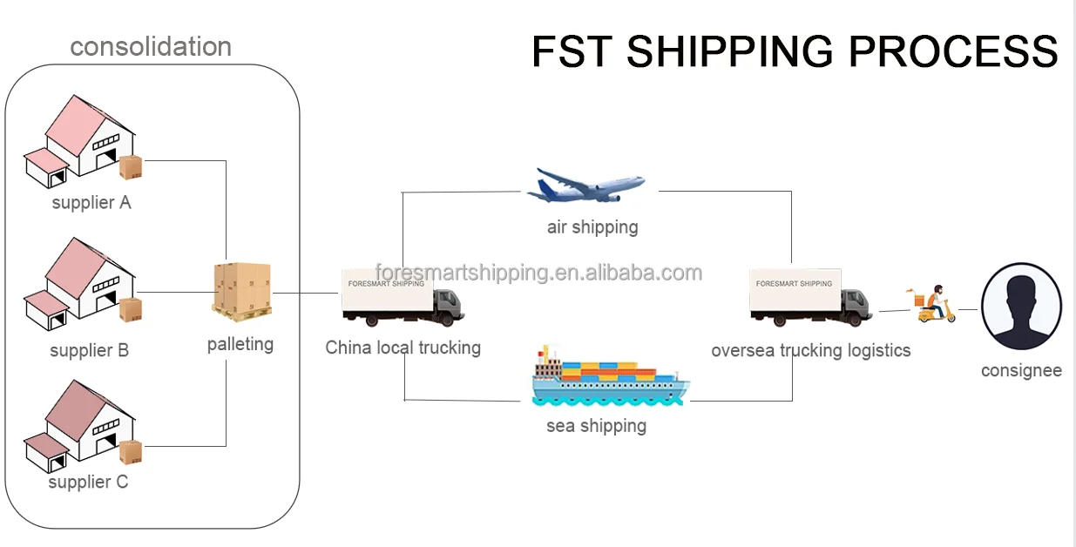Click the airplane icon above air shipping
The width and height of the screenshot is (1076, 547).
(585, 185)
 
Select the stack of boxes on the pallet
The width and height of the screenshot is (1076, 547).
(242, 289)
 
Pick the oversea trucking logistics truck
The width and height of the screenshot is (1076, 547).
(809, 296)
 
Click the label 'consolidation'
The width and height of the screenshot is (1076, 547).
(151, 46)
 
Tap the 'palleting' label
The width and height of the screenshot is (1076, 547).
(240, 344)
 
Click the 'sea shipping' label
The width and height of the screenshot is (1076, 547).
(597, 426)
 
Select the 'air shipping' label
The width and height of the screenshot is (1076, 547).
(592, 227)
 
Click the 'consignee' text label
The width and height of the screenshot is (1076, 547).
(1021, 370)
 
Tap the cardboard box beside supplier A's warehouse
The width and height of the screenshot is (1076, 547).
(131, 166)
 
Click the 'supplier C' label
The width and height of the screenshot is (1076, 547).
(88, 482)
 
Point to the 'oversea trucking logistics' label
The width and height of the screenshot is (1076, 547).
(811, 350)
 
